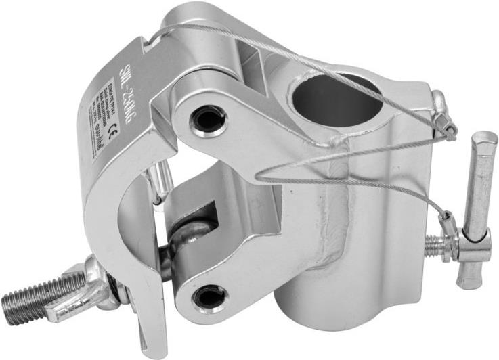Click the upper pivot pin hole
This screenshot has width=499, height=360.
click(x=207, y=120)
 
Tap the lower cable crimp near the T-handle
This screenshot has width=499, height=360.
click(x=447, y=223)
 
